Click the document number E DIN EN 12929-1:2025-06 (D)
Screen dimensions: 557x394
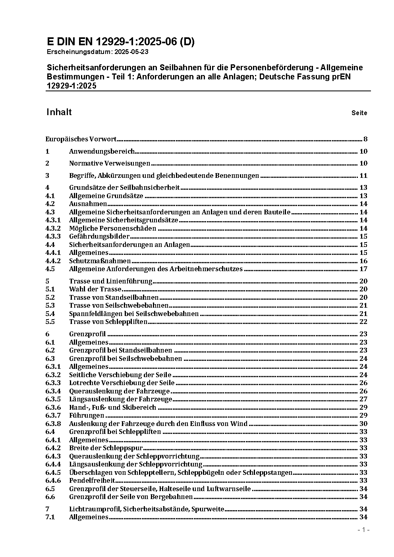tap(120, 42)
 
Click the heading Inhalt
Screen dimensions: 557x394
tap(59, 112)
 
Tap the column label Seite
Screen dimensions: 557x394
tap(359, 113)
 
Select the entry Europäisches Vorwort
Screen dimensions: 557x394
tap(81, 139)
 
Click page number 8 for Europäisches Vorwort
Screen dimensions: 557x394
tap(365, 139)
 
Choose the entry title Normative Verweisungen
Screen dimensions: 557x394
tap(110, 163)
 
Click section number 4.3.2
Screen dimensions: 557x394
tap(53, 228)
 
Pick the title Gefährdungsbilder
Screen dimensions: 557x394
tap(99, 237)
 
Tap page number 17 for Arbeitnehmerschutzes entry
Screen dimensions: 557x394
tap(363, 269)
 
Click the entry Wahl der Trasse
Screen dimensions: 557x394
tap(95, 289)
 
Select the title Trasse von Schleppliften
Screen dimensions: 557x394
tap(108, 322)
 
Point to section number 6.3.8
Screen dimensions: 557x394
tap(53, 424)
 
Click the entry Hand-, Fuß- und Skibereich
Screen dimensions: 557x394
tap(113, 407)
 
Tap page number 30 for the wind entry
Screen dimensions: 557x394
tap(363, 424)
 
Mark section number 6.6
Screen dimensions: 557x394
tap(50, 497)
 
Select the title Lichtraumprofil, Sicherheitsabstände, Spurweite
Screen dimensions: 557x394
tap(147, 509)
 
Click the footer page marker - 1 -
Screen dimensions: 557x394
tap(363, 530)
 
